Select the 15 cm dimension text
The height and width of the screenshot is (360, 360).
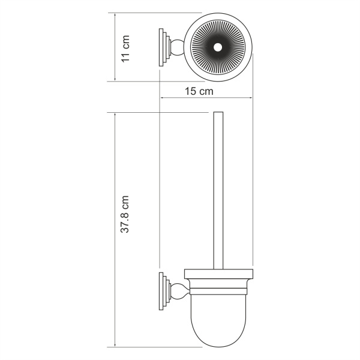[x=199, y=92]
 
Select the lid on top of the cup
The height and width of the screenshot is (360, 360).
[x=218, y=276]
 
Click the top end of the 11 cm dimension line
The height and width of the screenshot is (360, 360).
[x=115, y=13]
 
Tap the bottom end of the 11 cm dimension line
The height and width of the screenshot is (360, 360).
[x=115, y=80]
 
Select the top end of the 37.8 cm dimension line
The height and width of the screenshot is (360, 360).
[x=115, y=112]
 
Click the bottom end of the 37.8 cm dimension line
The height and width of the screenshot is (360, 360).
[x=115, y=347]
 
